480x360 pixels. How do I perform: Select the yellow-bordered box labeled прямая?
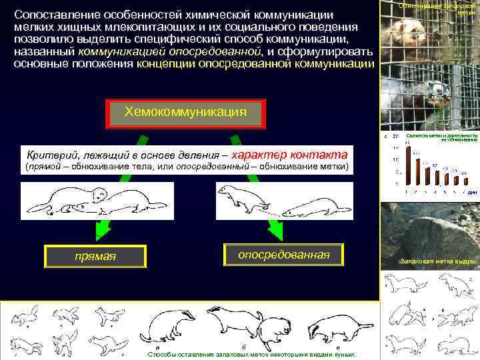93,256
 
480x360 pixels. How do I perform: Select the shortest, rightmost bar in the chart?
465,181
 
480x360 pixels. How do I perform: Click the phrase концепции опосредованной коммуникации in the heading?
255,64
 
